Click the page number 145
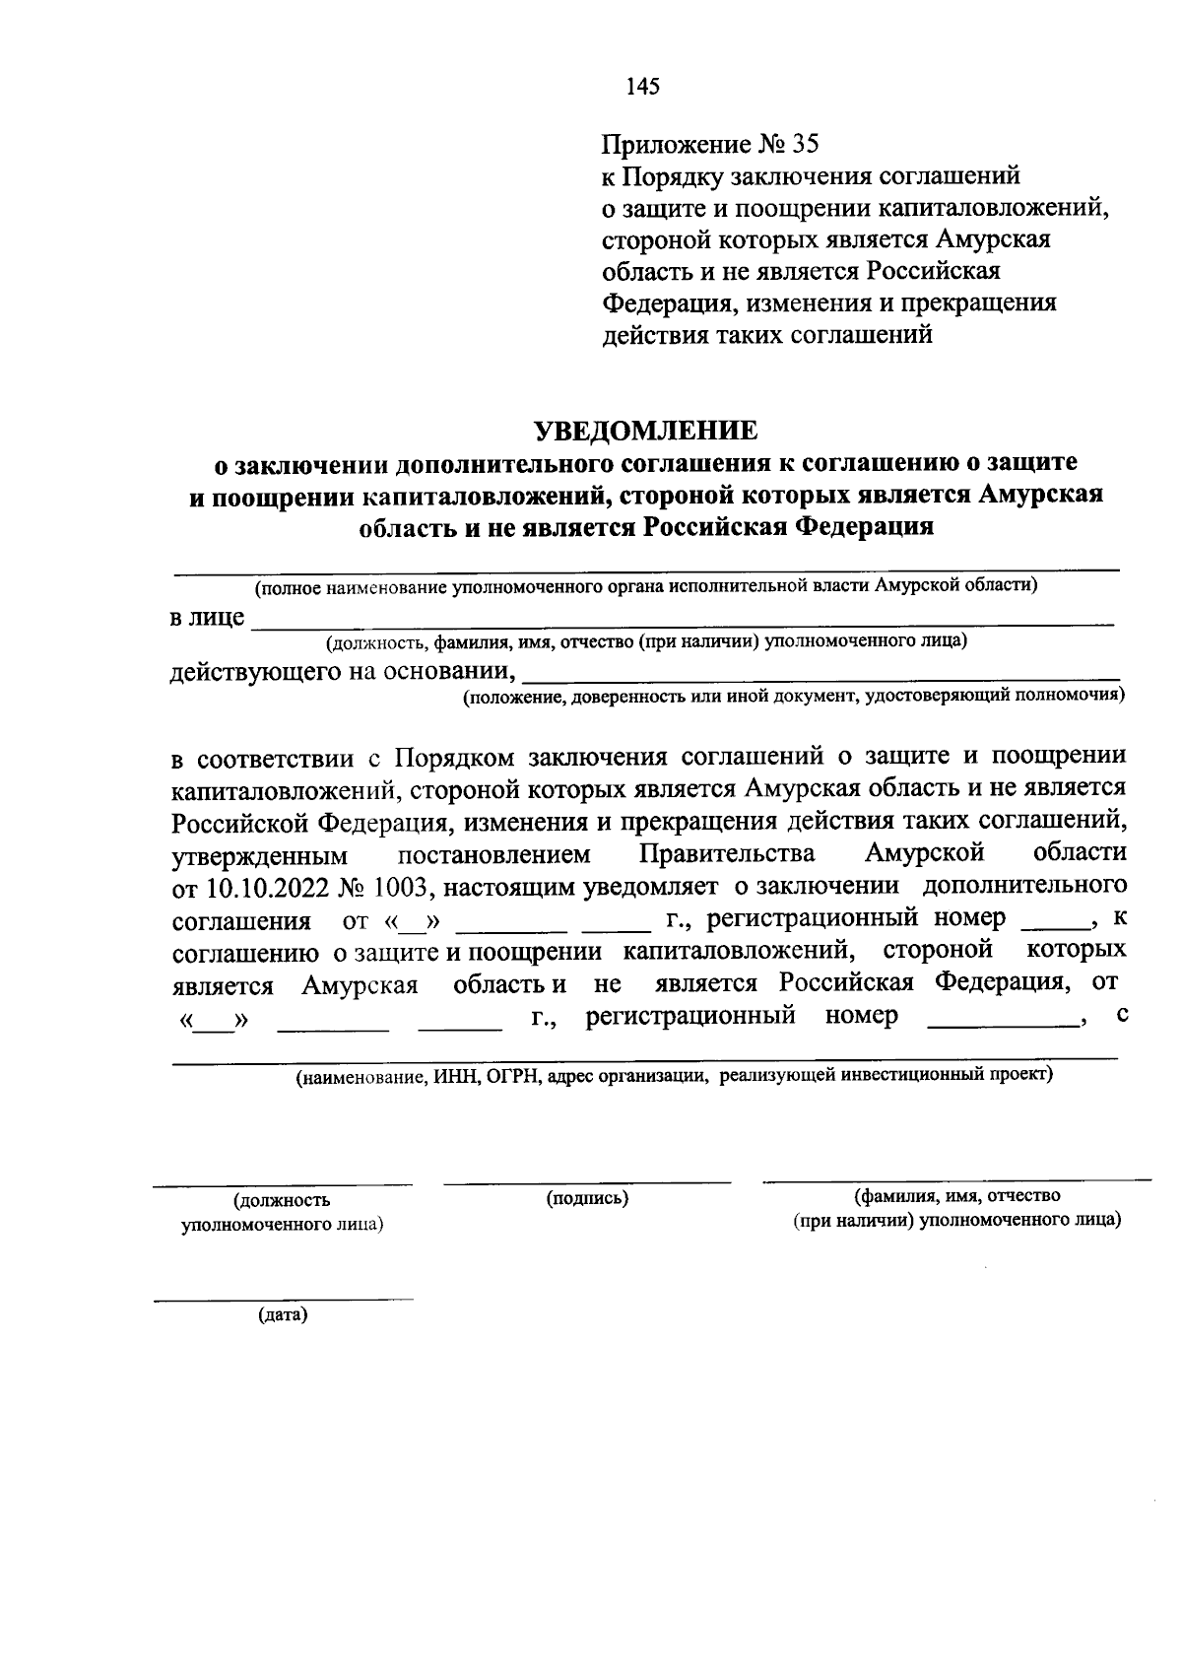point(642,87)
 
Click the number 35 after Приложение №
point(804,145)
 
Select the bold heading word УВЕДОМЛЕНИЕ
point(646,431)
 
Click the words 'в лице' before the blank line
point(207,619)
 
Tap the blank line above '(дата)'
point(283,1300)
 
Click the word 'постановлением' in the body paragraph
point(494,853)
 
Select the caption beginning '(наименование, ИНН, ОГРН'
point(676,1075)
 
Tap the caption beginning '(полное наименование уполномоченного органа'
point(646,588)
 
